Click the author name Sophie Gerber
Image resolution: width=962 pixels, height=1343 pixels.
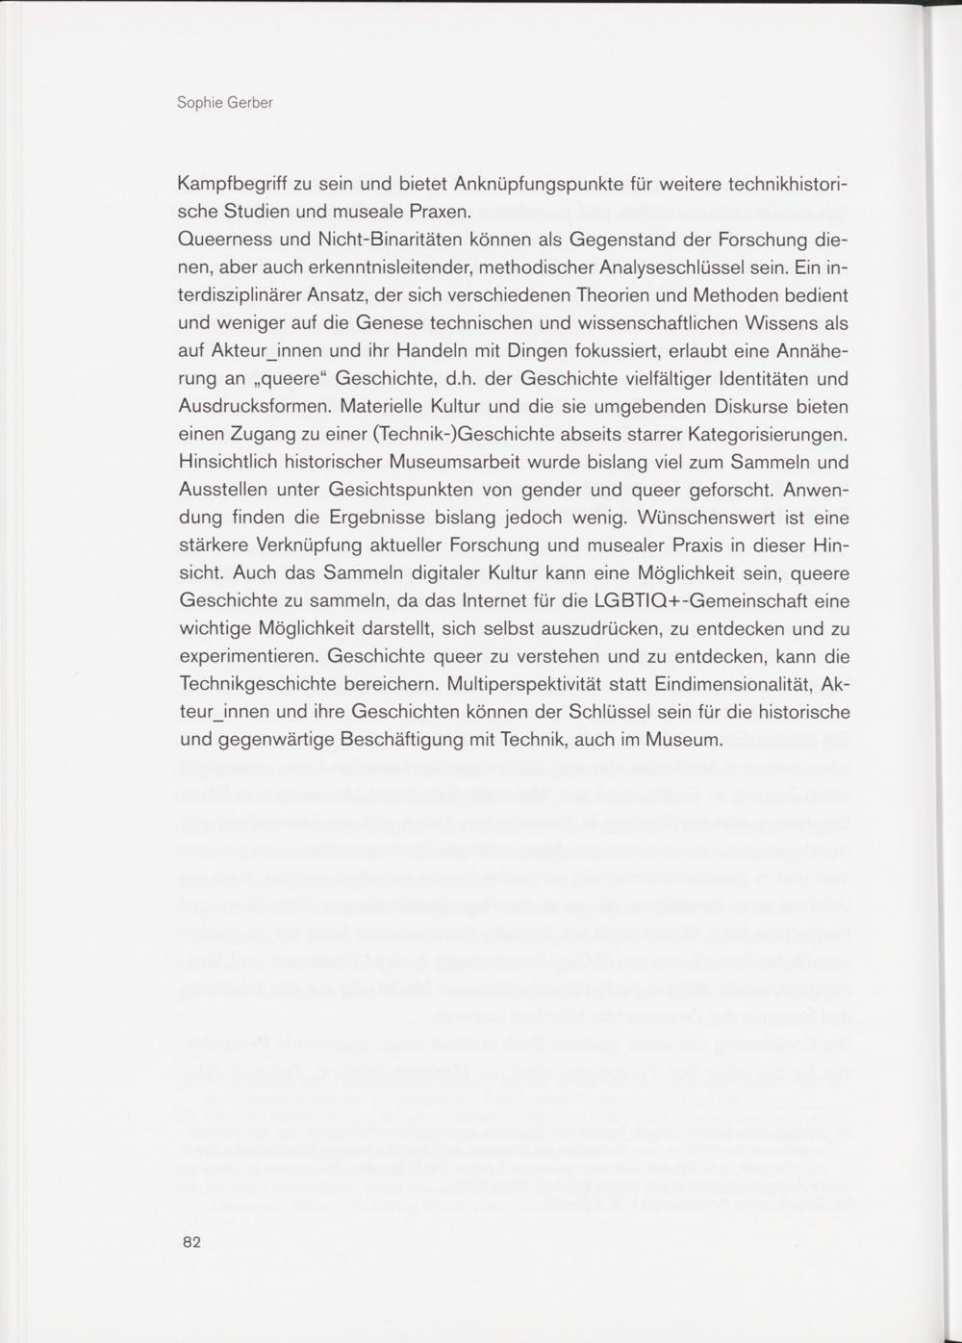tap(225, 102)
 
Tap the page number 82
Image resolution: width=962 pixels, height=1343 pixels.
tap(190, 1242)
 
